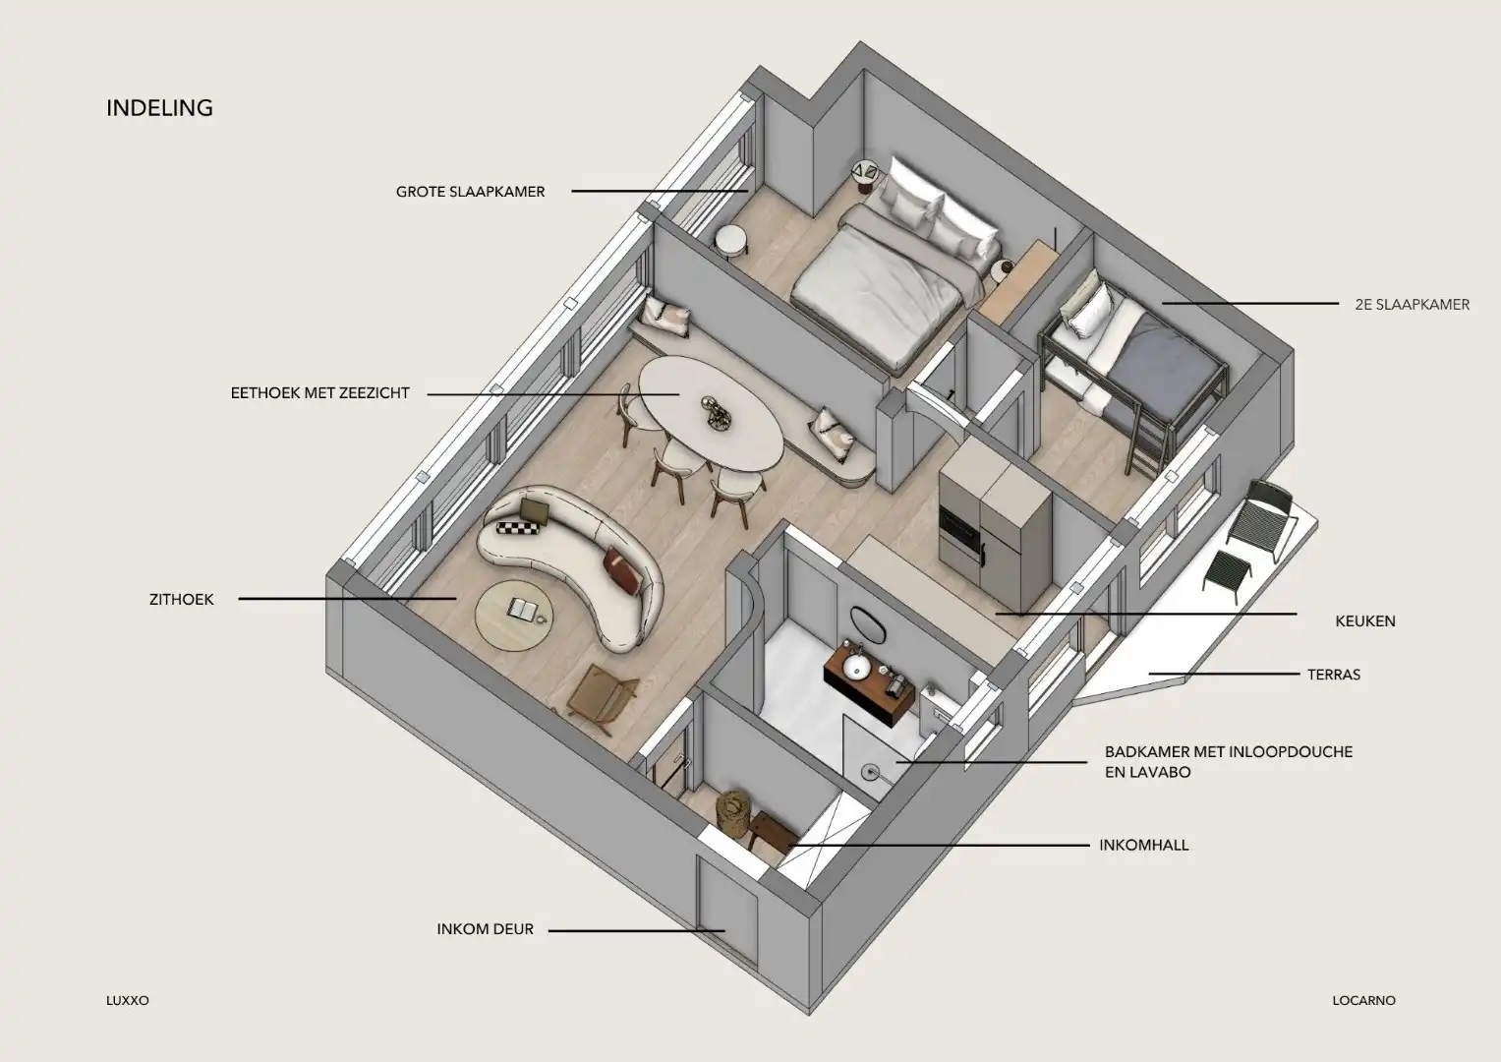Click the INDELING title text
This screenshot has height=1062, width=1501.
coord(159,107)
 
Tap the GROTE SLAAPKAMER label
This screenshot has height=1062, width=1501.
coord(470,192)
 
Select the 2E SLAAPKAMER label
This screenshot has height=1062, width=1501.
coord(1412,304)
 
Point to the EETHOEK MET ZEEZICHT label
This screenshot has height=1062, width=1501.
coord(319,393)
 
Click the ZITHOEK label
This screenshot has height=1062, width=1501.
coord(181,599)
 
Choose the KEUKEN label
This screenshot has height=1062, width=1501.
coord(1364,620)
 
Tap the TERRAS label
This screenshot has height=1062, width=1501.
coord(1333,675)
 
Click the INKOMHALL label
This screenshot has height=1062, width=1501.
coord(1143,845)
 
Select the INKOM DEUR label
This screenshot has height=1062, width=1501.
coord(485,929)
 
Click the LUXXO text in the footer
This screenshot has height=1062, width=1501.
coord(127,1000)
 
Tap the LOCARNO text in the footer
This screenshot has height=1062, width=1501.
coord(1363,1000)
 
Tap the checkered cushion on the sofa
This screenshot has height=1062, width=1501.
coord(519,529)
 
